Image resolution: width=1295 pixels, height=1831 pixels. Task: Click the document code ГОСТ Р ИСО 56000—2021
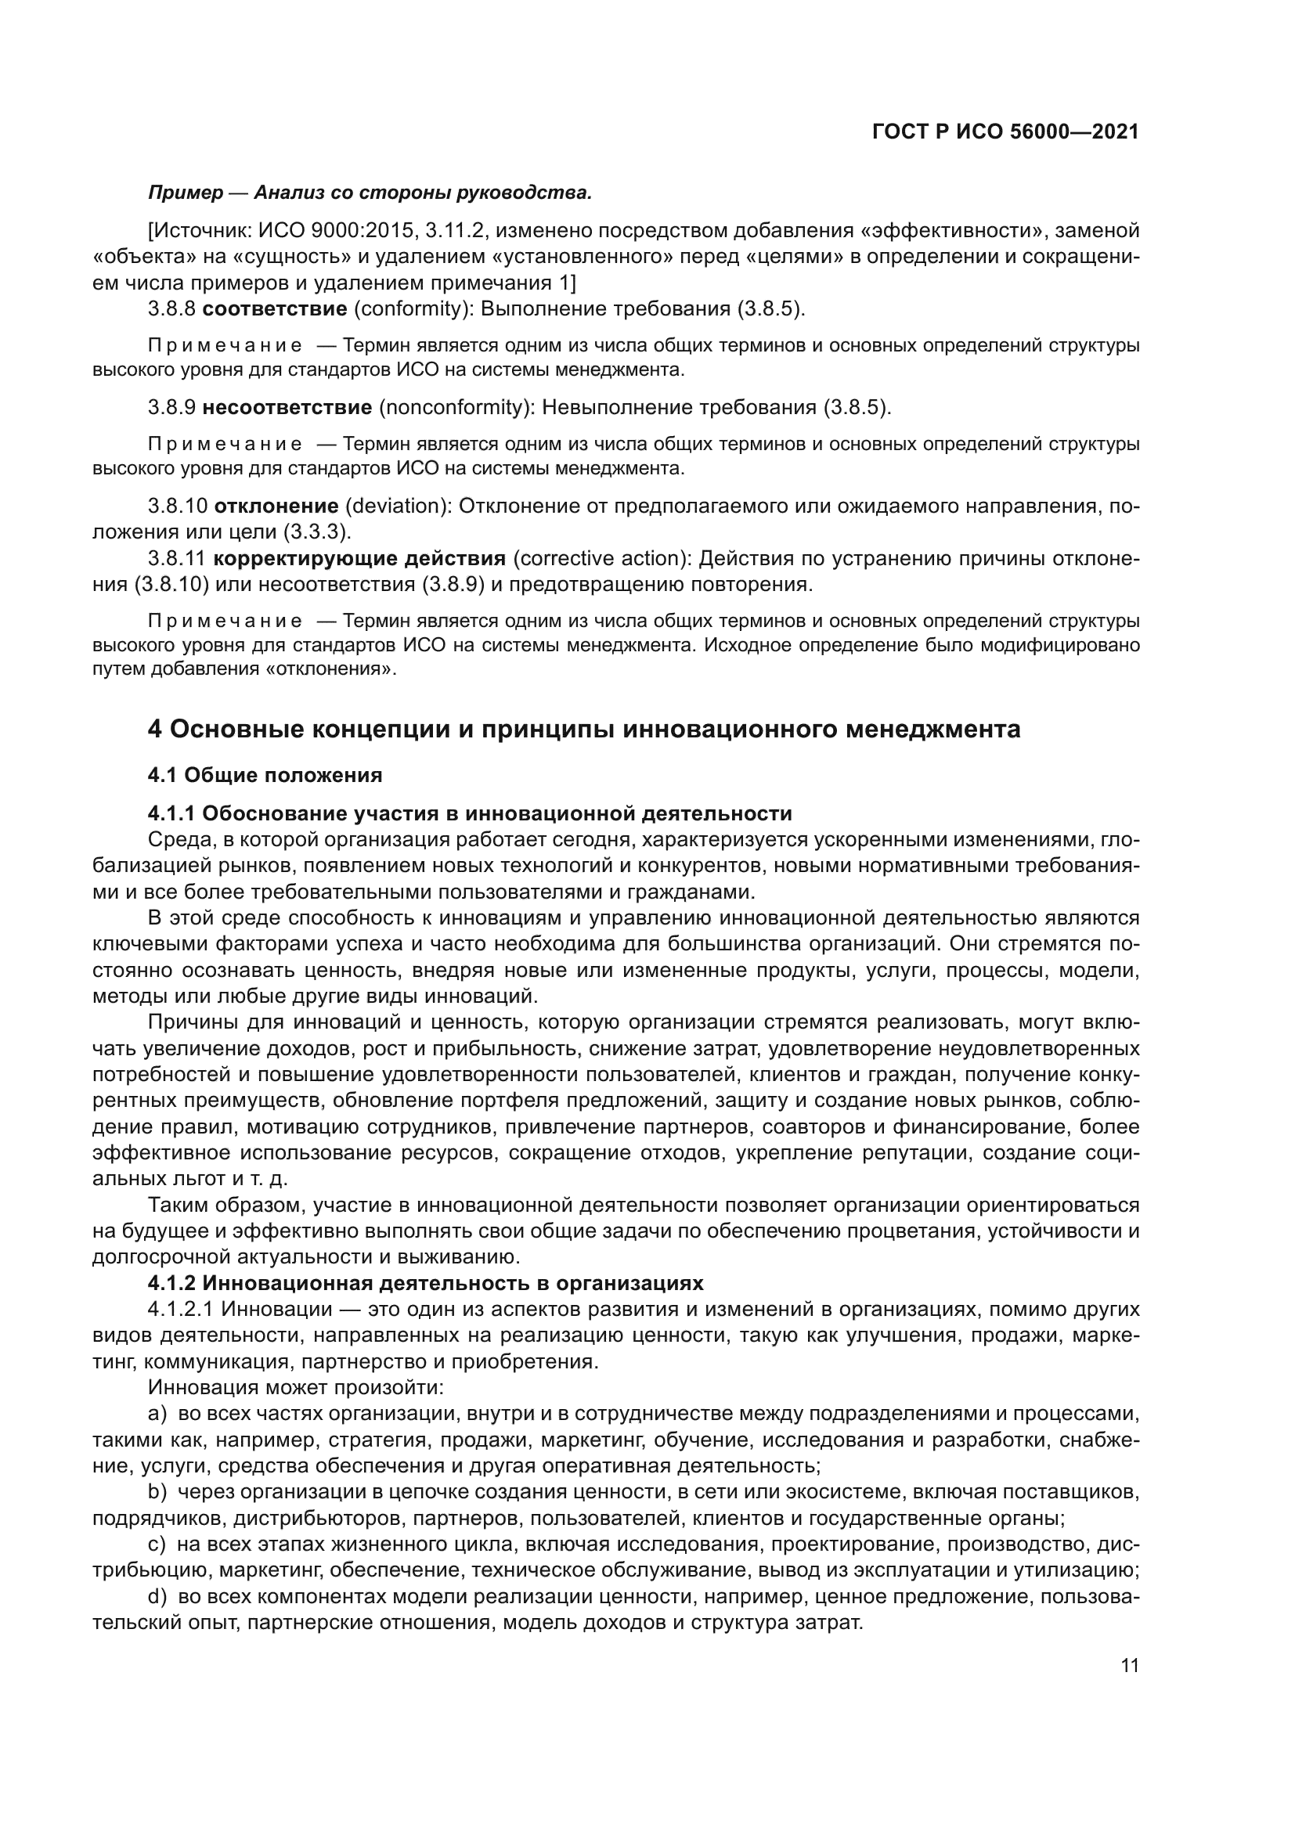click(x=1005, y=132)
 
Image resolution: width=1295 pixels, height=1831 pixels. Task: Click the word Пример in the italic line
click(x=186, y=193)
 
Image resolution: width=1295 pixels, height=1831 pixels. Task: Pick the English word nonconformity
click(x=456, y=408)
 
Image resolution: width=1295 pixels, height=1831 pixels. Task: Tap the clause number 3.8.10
click(x=177, y=506)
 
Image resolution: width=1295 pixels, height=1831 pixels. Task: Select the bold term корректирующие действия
click(x=359, y=558)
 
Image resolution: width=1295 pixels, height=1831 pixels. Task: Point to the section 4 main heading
click(x=584, y=730)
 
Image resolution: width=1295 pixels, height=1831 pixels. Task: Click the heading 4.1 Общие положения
click(x=265, y=775)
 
